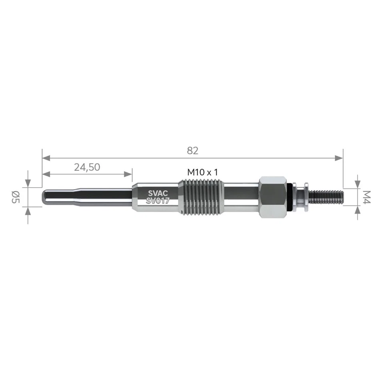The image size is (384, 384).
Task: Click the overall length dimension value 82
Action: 192,150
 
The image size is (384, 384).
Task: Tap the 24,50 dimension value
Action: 87,167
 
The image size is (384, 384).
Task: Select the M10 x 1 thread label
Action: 202,172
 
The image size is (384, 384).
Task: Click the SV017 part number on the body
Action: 158,201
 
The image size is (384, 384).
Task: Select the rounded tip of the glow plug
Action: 45,197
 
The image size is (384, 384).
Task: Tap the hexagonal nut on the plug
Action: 273,197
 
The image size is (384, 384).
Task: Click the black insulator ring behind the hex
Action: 290,197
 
